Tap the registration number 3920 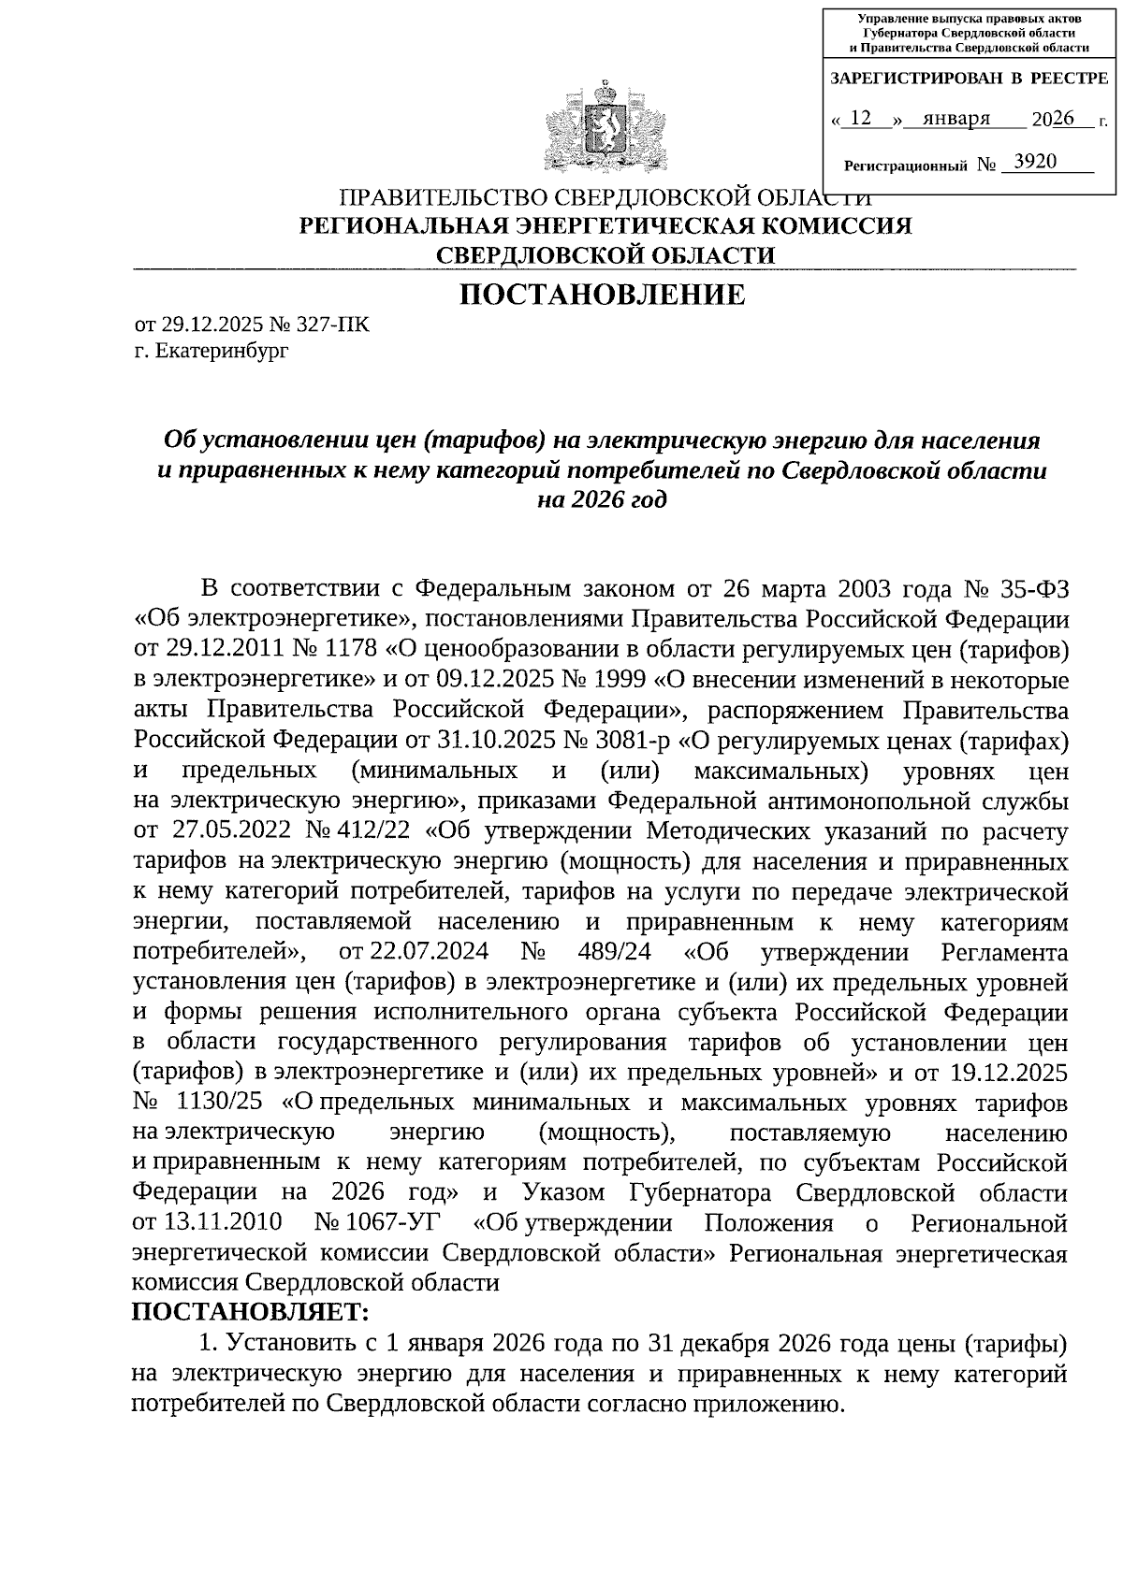(1035, 163)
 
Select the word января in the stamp (955, 119)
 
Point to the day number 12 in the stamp (863, 119)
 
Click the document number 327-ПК (332, 325)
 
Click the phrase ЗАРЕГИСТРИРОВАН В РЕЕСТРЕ (969, 79)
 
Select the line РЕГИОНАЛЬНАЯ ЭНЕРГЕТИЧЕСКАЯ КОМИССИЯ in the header (605, 226)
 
